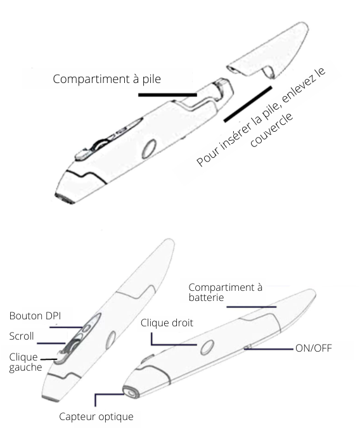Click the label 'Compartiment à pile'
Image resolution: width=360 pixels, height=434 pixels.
tap(107, 79)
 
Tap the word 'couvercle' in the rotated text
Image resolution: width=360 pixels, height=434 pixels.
tap(271, 130)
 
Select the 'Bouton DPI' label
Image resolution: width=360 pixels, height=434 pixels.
tap(35, 316)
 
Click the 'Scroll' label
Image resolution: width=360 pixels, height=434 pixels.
tap(22, 336)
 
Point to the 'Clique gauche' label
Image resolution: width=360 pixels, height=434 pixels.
tap(25, 362)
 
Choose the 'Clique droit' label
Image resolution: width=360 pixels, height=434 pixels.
tap(167, 323)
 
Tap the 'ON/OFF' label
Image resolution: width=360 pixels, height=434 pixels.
tap(314, 348)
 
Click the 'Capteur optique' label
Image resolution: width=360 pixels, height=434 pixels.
tap(96, 416)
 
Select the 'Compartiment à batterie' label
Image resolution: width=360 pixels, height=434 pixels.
tap(226, 292)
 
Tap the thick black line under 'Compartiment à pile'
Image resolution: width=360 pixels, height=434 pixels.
tap(167, 95)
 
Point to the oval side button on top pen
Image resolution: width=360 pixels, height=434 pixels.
tap(149, 149)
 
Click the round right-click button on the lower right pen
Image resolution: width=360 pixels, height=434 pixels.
tap(207, 347)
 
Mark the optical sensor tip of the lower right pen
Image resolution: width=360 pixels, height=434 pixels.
tap(130, 392)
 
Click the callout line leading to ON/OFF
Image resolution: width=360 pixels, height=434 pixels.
tap(268, 349)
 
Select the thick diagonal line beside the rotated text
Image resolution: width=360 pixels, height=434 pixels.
tap(248, 104)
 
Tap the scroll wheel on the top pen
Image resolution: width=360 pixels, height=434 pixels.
tap(99, 144)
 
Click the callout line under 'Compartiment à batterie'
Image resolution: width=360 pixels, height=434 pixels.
tap(252, 307)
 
